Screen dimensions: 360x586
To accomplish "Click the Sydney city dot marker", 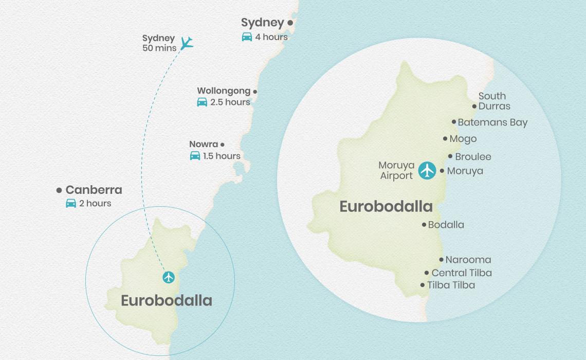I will pyautogui.click(x=290, y=23).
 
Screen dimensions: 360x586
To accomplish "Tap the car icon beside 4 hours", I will pyautogui.click(x=247, y=37).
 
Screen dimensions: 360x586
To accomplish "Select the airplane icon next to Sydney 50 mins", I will pyautogui.click(x=187, y=43).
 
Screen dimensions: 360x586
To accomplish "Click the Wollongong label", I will pyautogui.click(x=224, y=91).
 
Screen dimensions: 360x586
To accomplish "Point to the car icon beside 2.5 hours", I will pyautogui.click(x=202, y=102).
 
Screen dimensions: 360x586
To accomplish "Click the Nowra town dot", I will pyautogui.click(x=222, y=145).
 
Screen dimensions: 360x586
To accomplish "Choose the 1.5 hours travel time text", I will pyautogui.click(x=222, y=156).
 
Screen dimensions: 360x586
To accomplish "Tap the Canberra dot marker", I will pyautogui.click(x=59, y=190).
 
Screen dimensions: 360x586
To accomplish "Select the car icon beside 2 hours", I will pyautogui.click(x=71, y=203).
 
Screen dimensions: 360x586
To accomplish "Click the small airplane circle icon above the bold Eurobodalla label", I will pyautogui.click(x=169, y=278).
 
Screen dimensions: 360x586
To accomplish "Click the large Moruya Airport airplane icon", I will pyautogui.click(x=427, y=170).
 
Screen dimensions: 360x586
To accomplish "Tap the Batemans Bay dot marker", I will pyautogui.click(x=454, y=122).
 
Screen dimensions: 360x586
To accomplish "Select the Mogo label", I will pyautogui.click(x=463, y=139).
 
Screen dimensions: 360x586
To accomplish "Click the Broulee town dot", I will pyautogui.click(x=450, y=156).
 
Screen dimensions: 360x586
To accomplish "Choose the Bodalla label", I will pyautogui.click(x=446, y=225).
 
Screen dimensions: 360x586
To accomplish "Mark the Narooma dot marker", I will pyautogui.click(x=441, y=260).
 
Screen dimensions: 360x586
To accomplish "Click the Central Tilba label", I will pyautogui.click(x=461, y=273).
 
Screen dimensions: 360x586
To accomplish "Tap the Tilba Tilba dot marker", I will pyautogui.click(x=423, y=285).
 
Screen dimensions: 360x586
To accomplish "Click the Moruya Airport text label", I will pyautogui.click(x=396, y=171).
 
